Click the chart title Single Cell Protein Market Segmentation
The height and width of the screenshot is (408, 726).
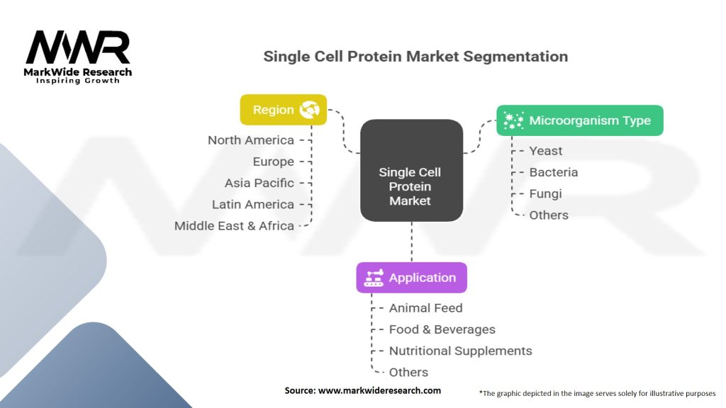[415, 57]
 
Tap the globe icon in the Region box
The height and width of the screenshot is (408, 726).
[309, 110]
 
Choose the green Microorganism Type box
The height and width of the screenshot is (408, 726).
[579, 120]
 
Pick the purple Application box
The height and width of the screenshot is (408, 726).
[411, 278]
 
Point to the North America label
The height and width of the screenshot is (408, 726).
[250, 140]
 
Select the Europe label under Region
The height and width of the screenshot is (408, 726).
[273, 161]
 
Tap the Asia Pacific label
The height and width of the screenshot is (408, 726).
[259, 183]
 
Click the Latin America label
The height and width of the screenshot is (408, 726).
[252, 204]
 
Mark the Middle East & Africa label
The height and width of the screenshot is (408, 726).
[234, 226]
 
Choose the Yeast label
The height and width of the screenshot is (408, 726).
[545, 151]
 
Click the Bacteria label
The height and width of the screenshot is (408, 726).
[553, 172]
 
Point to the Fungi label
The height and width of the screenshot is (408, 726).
[545, 193]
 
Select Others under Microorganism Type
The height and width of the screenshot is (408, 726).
[548, 215]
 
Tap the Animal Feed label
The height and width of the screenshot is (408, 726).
[425, 308]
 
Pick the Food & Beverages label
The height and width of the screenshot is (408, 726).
[442, 329]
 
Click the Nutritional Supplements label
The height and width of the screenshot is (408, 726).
[460, 351]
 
